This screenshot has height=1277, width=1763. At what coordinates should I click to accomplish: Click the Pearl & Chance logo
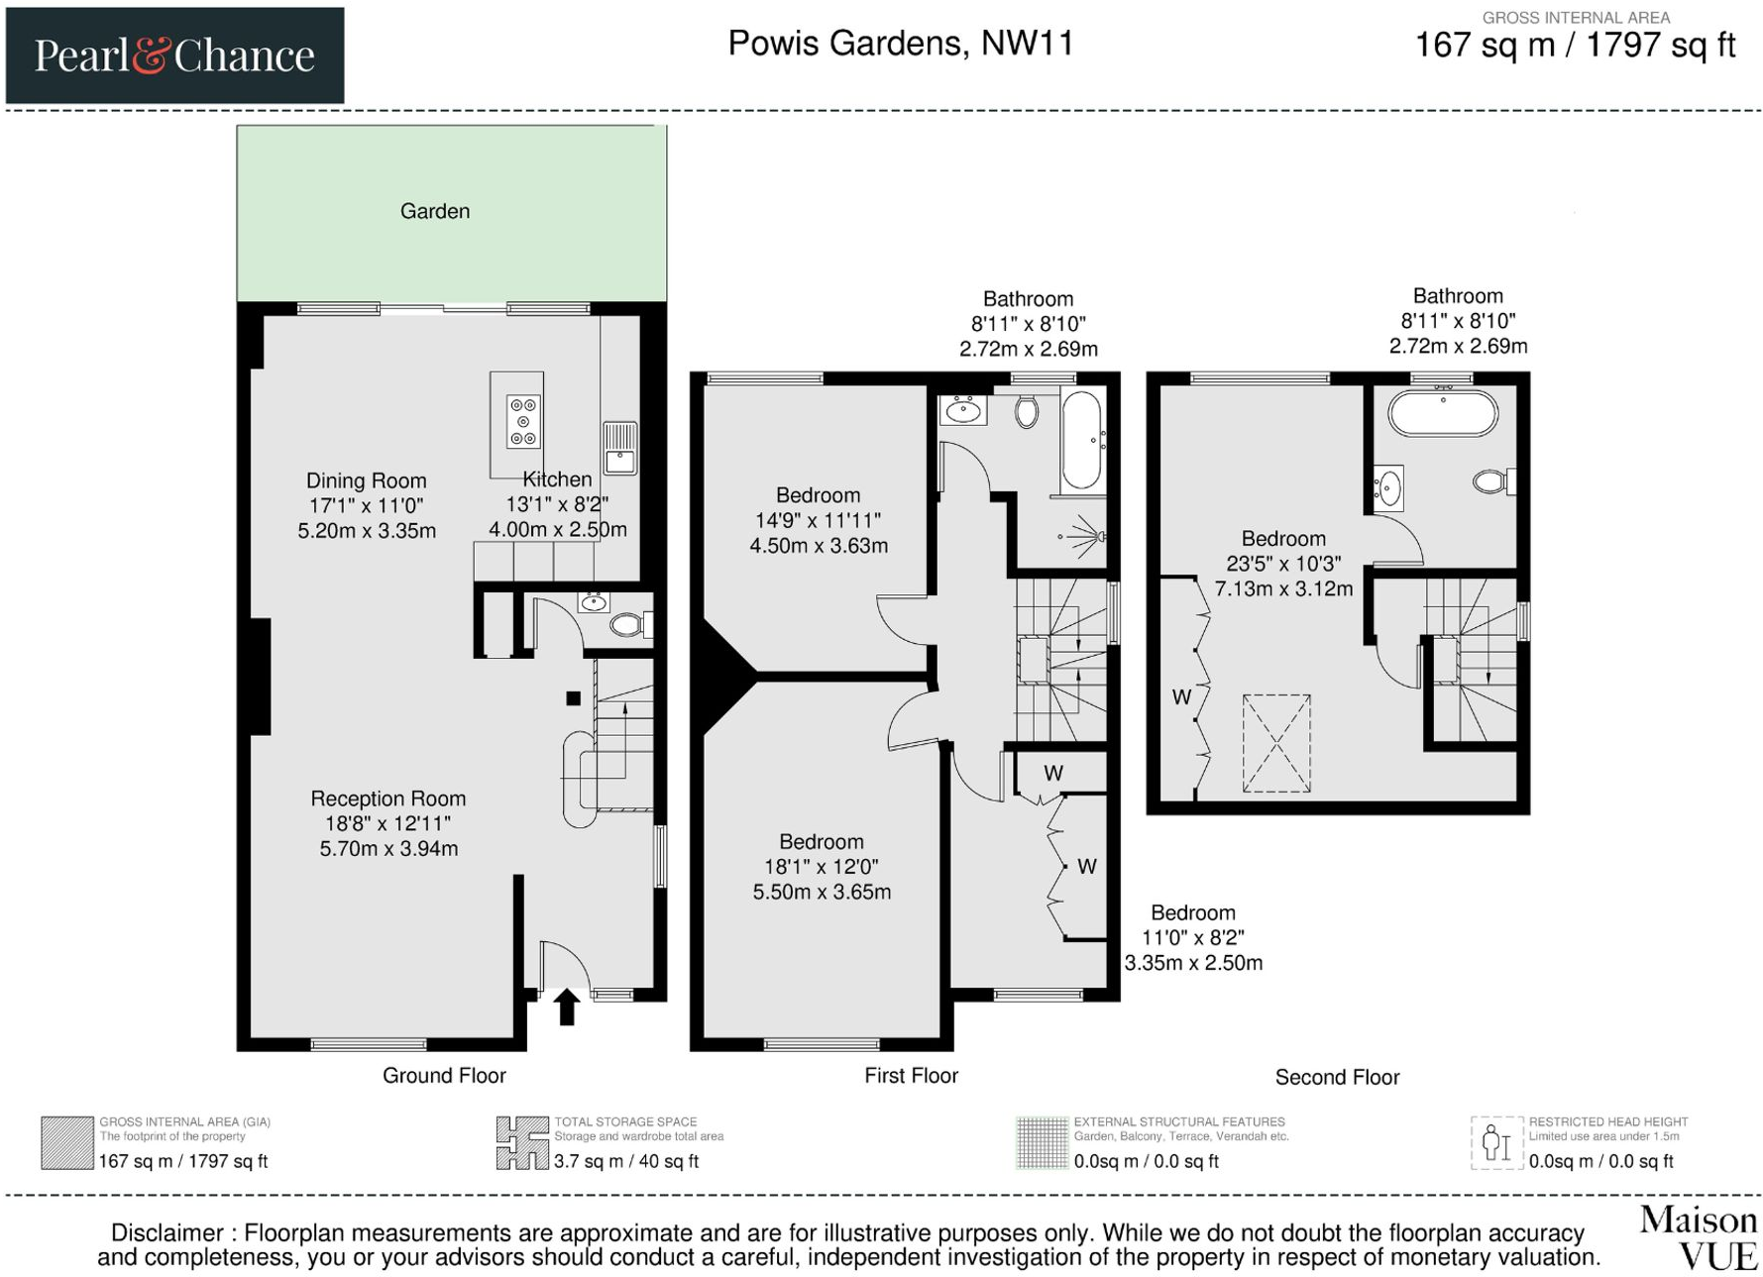pos(174,55)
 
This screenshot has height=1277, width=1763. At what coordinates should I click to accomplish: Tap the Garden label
pos(435,211)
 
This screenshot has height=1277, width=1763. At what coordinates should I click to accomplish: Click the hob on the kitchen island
pos(523,421)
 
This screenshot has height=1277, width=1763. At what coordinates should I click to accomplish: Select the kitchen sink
pos(619,448)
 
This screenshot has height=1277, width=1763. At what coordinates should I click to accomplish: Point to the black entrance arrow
pos(567,1007)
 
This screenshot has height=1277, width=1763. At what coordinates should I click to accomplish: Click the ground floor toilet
pos(630,624)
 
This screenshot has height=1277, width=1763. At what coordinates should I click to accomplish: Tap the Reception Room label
pos(388,798)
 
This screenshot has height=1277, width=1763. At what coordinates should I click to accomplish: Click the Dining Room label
pos(367,480)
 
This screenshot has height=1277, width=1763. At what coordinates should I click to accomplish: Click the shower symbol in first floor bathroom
pos(1084,536)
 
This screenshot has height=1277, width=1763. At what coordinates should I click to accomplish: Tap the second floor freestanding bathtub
pos(1443,414)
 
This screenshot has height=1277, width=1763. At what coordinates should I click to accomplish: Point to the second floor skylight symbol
pos(1276,743)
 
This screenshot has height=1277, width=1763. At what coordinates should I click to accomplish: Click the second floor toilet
pos(1493,482)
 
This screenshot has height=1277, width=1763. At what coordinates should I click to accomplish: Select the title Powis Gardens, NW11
pos(901,44)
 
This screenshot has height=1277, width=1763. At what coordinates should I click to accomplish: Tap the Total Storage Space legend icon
pos(522,1143)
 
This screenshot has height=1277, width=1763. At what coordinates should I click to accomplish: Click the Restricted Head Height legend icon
pos(1495,1143)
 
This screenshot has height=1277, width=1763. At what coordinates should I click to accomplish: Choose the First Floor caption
pos(911,1076)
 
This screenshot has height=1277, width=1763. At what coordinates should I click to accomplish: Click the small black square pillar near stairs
pos(573,698)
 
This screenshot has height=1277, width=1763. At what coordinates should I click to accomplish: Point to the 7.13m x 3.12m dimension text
pos(1283,588)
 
